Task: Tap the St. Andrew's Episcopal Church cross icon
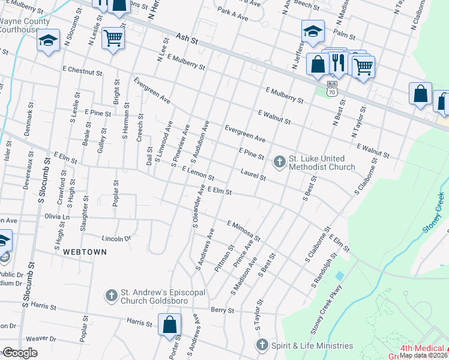click(x=111, y=295)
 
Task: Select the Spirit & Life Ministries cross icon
click(x=262, y=345)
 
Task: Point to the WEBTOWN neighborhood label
click(x=85, y=252)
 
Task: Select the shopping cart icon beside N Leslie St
click(x=112, y=38)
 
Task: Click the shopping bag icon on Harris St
click(x=170, y=325)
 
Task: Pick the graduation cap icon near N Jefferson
click(x=313, y=31)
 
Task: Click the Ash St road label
click(x=187, y=38)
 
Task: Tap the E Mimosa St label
click(x=244, y=230)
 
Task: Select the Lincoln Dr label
click(x=116, y=238)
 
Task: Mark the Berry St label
click(x=221, y=310)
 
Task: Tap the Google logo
click(x=19, y=353)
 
